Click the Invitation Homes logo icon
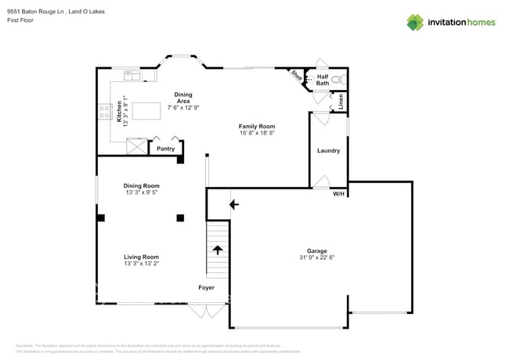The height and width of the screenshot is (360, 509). coord(415,22)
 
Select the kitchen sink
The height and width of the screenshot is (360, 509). coord(132,76)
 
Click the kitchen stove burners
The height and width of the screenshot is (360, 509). coord(103,112)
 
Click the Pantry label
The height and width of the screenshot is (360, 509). coord(165,149)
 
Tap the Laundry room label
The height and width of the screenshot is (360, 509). coord(328,150)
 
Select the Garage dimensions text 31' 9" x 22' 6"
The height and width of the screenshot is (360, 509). coord(317,257)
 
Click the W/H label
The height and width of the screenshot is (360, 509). coord(338,193)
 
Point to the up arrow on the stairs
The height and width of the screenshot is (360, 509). coord(217,250)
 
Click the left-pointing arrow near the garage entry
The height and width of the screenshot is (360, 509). coord(233,205)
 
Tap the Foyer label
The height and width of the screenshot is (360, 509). coord(206,287)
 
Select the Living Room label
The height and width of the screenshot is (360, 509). coord(141,257)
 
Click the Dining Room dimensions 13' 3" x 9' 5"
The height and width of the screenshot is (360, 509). coord(141,193)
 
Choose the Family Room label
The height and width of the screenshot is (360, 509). coord(257,126)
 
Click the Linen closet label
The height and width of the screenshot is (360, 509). coord(341,101)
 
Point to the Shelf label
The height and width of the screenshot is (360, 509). coord(297,76)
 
